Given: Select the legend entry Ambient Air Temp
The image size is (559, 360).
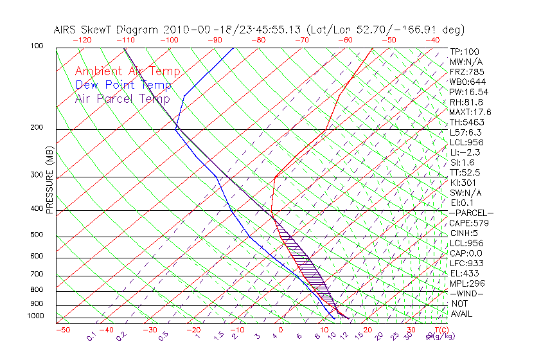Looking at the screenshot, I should coord(127,72).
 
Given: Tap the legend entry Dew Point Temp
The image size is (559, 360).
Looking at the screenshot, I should coord(123,85).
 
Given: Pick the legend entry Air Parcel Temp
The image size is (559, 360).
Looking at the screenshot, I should coord(122,98).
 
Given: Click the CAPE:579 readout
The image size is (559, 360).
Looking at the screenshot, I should coord(469,223).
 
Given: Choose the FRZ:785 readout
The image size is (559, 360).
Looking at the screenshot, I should coord(467,72).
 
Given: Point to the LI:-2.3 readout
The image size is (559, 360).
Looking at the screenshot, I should coord(465,152).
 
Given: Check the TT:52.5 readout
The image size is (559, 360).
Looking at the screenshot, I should coord(465,172).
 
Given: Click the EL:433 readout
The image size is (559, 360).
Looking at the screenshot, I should coord(465,273).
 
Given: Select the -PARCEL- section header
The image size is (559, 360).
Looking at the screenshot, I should coord(471,213).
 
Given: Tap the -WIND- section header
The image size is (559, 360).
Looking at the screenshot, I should coord(467,293).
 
